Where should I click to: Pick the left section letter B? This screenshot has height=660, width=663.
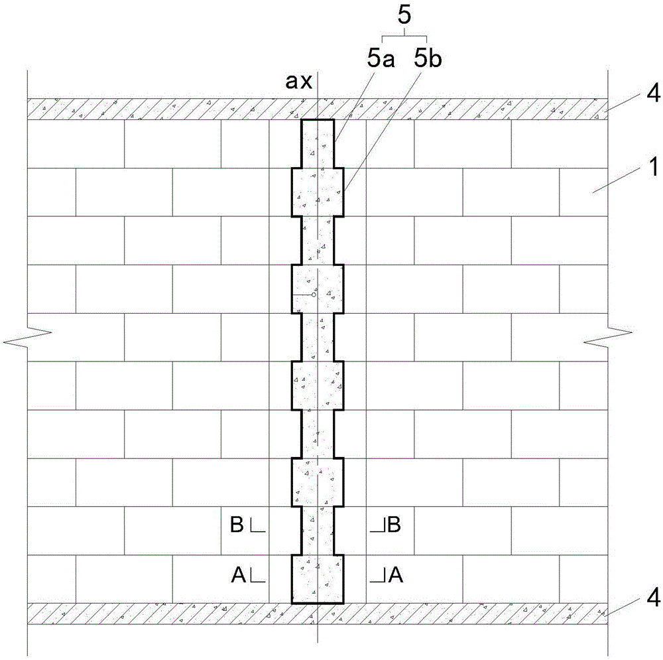point(237,526)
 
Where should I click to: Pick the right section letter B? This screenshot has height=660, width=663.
point(394,526)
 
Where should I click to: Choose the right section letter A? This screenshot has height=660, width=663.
point(396,576)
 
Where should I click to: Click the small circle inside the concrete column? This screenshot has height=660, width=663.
point(314,294)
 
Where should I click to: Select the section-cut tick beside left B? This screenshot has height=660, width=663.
point(258,527)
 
